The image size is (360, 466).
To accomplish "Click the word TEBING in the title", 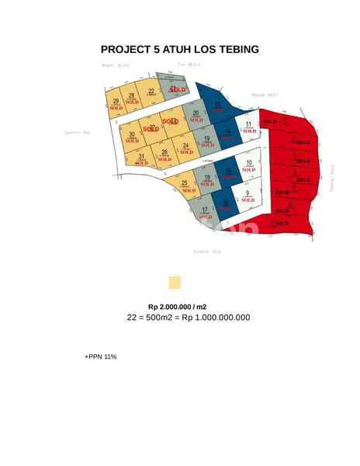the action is click(232, 50).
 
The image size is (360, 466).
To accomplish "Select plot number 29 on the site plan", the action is click(116, 104).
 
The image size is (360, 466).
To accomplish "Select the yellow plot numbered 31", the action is click(141, 159).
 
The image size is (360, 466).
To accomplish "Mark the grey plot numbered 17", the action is click(205, 212).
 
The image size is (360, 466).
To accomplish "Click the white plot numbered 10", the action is click(247, 165).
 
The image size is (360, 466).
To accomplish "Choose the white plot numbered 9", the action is click(247, 195).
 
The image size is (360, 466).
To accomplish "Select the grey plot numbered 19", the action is click(207, 141).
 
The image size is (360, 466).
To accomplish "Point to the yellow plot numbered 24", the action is click(185, 148).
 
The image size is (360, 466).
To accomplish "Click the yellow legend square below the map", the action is click(175, 283).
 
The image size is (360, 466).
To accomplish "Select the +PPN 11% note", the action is click(100, 356).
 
